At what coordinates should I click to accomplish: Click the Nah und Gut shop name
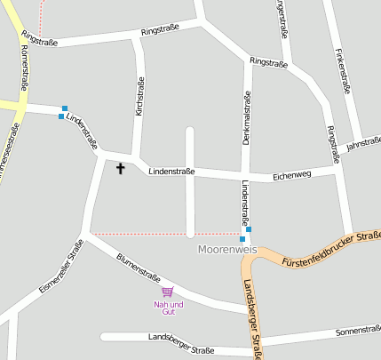pos(166,308)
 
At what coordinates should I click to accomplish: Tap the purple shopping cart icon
pos(167,292)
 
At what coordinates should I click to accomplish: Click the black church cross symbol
pos(121,167)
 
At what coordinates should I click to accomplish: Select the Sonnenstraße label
pos(358,331)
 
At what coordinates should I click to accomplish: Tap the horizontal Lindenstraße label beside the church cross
pos(171,170)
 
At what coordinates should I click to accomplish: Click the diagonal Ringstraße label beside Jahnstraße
pos(333,144)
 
